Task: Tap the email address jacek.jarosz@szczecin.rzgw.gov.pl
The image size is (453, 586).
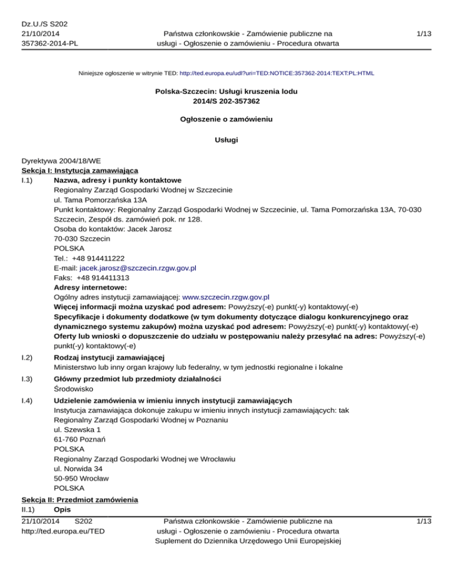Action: (137, 267)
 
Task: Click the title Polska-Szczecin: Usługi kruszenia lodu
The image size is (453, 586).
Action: (226, 91)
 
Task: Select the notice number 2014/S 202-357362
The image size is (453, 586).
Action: (226, 101)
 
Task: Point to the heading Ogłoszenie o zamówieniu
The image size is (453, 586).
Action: (226, 119)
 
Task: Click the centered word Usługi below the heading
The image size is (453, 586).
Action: (226, 141)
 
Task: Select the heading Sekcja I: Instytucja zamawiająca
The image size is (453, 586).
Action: (79, 170)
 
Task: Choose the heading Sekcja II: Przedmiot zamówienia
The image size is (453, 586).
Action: (79, 500)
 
